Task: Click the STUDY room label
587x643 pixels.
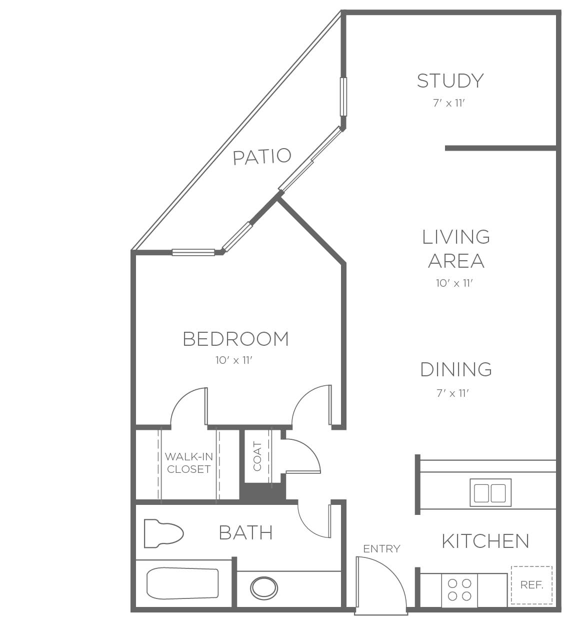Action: coord(450,81)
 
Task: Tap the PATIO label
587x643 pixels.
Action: coord(262,157)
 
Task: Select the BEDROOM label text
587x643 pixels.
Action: coord(236,339)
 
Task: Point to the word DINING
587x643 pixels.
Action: coord(456,369)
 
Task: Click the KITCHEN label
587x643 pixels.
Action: coord(485,541)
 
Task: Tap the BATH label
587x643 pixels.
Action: coord(246,533)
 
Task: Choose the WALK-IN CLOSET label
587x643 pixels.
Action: coord(188,463)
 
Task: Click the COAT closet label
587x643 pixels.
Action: coord(257,456)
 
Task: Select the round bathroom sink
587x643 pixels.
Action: coord(264,588)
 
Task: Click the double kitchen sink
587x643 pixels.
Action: coord(490,493)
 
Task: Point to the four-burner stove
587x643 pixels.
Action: coord(459,589)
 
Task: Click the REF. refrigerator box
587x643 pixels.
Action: coord(531,585)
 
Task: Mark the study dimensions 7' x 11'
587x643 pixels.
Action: coord(449,103)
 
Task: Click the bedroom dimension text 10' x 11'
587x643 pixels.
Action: coord(234,360)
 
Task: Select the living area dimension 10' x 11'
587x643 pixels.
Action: coord(454,283)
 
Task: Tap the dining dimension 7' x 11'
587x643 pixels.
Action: coord(452,393)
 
